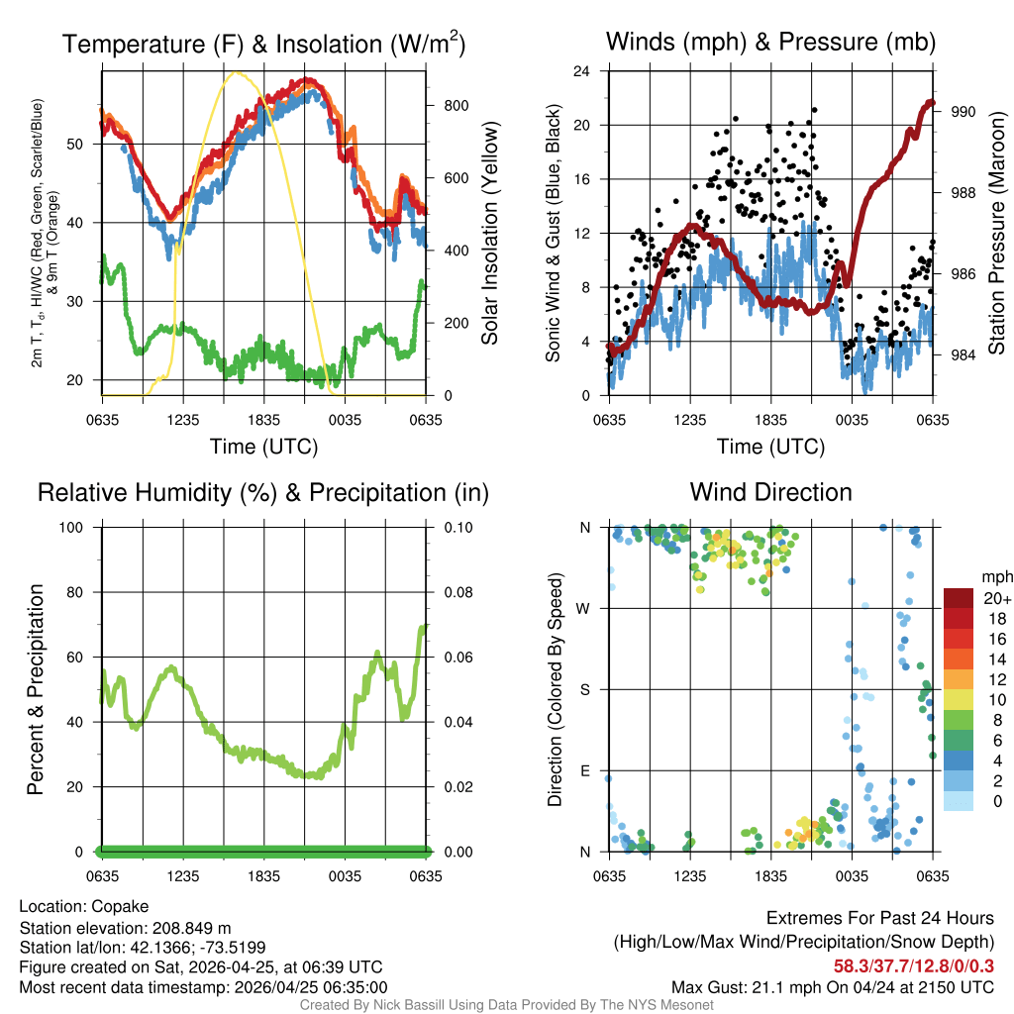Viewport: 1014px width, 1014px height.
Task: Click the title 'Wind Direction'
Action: (x=770, y=492)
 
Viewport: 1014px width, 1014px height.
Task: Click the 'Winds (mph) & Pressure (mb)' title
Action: (x=770, y=43)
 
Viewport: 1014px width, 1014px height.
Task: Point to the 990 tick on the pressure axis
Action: (x=963, y=112)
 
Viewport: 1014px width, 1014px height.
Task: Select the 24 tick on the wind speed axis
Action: (x=582, y=71)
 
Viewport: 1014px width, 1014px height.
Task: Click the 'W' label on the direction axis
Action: (x=584, y=608)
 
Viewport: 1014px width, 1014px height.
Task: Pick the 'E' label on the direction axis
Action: (x=584, y=770)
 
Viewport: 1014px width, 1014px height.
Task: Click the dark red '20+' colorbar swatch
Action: (x=960, y=598)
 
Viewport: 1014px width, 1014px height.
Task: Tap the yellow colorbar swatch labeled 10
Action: (x=960, y=699)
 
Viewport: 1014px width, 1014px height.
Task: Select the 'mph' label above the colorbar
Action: (x=994, y=576)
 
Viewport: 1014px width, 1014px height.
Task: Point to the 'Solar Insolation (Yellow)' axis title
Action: (x=489, y=234)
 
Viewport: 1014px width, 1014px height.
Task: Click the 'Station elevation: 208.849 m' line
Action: (x=125, y=927)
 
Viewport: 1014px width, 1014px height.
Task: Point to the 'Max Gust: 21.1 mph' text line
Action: (x=832, y=987)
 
